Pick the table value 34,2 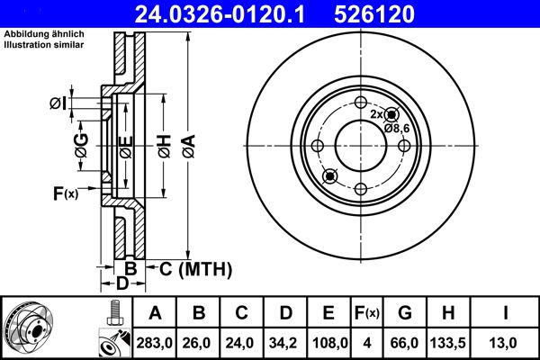[285, 342]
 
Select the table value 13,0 [506, 342]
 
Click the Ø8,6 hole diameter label [398, 129]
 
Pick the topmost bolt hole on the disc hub [360, 102]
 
